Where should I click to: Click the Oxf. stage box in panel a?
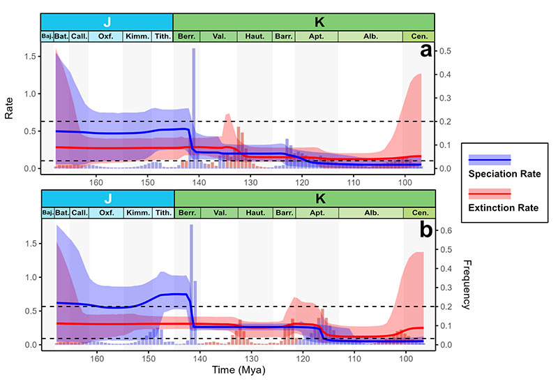click(106, 36)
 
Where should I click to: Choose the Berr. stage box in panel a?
click(187, 36)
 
